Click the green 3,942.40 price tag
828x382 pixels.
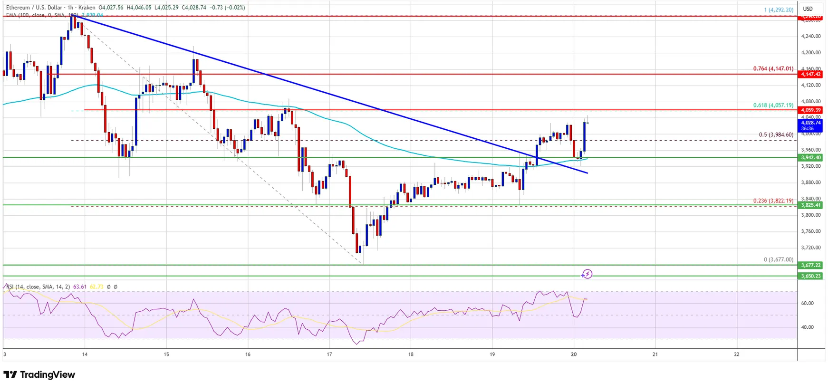coord(810,157)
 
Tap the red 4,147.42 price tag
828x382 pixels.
coord(810,74)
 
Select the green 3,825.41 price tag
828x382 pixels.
coord(810,205)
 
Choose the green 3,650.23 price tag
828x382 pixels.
coord(810,276)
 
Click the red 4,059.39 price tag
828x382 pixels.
coord(810,110)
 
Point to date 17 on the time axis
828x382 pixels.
coord(329,354)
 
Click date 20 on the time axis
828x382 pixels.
coord(574,354)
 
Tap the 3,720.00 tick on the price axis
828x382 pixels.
coord(810,248)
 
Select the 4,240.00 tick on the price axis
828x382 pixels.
coord(810,36)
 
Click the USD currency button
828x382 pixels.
coord(808,9)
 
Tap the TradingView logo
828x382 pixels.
coord(39,374)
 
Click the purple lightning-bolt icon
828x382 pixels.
coord(587,274)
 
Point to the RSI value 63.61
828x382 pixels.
coord(80,287)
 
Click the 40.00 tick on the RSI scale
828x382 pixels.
coord(807,327)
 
